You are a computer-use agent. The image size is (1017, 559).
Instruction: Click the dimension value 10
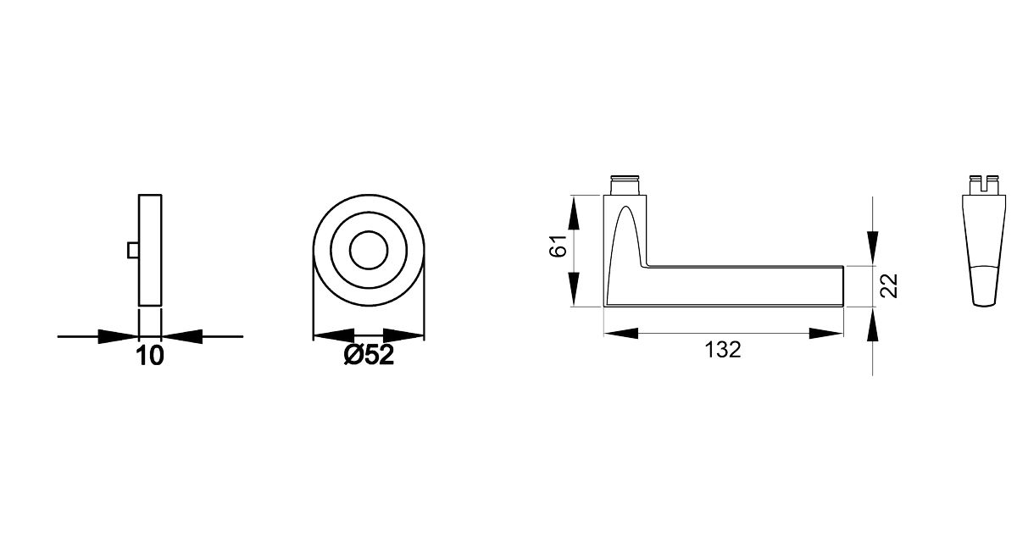click(149, 356)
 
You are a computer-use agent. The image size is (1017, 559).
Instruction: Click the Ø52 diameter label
click(369, 356)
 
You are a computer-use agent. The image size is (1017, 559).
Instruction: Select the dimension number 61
click(557, 249)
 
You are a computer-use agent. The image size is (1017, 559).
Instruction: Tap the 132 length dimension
click(723, 349)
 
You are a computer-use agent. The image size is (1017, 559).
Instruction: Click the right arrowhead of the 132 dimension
click(825, 334)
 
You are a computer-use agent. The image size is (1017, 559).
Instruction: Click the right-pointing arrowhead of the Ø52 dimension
click(405, 336)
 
